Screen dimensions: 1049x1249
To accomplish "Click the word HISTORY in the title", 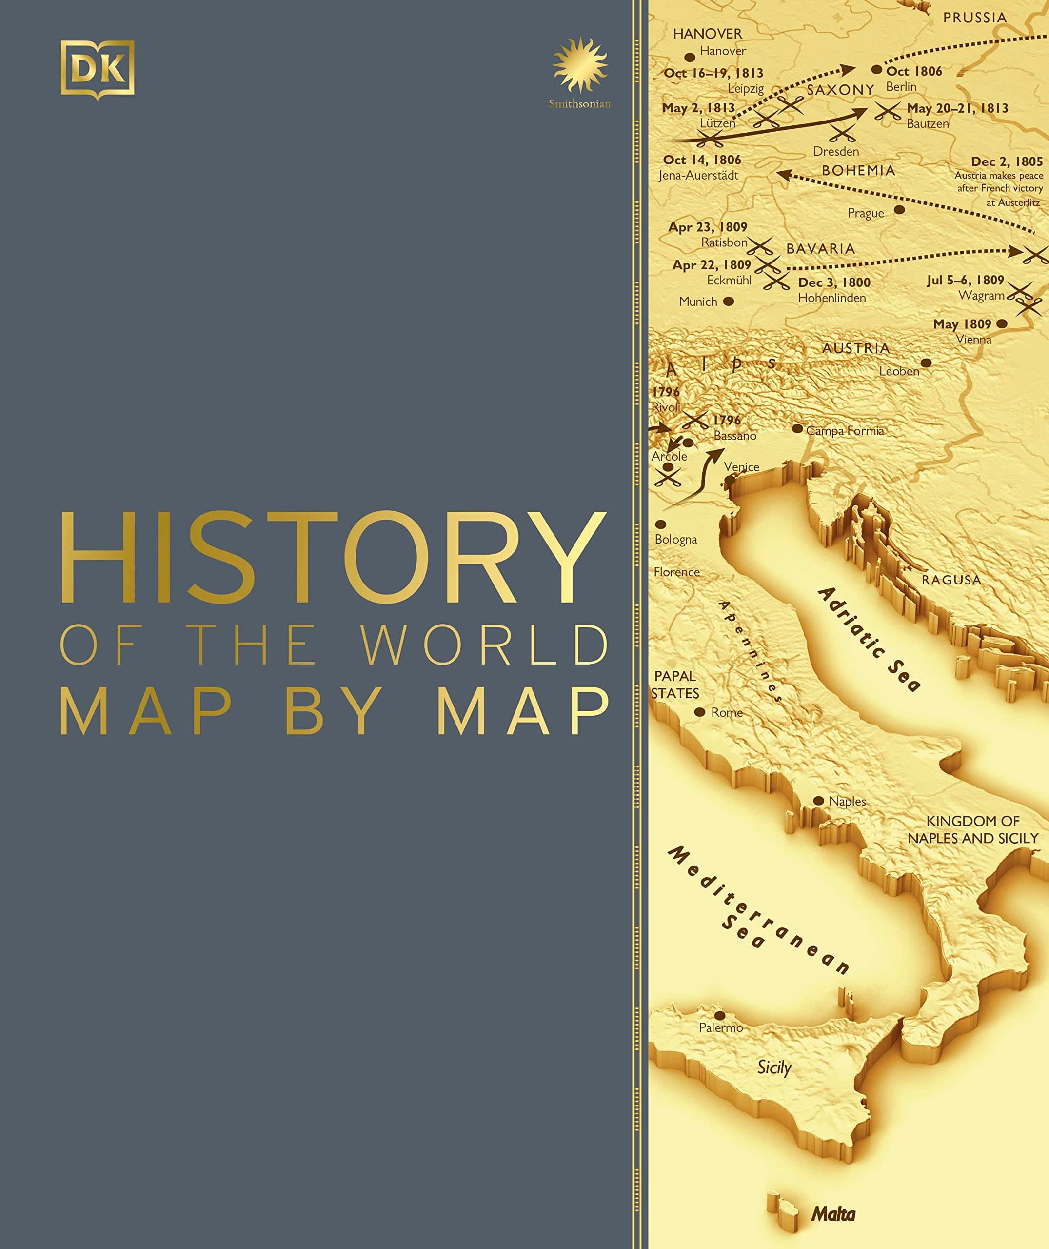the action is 334,557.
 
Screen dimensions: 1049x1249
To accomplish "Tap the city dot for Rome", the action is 700,712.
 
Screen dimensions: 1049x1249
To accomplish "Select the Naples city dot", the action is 819,801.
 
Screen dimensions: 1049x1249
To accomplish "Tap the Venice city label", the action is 742,467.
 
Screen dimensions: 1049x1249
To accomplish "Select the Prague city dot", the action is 900,209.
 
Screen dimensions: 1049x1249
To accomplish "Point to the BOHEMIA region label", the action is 858,170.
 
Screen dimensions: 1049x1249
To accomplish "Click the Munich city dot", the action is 729,301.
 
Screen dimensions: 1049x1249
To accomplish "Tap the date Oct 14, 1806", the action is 702,160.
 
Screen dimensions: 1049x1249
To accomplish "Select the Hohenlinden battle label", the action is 831,298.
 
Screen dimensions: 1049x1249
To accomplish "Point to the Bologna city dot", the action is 661,524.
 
